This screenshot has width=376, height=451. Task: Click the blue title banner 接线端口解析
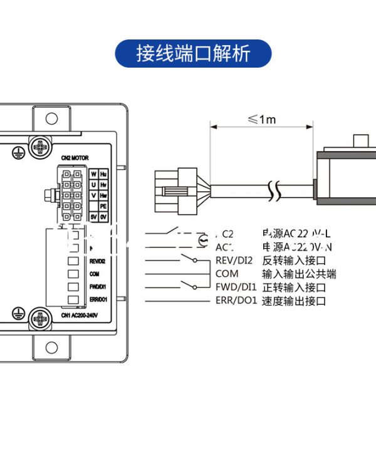point(193,54)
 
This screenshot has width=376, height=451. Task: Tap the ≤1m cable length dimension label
point(261,119)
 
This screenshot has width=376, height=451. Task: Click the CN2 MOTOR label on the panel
point(76,158)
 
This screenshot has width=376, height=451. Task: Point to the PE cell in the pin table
point(103,205)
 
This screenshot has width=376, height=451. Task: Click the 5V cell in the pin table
point(93,216)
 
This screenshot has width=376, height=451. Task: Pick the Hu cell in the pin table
point(103,174)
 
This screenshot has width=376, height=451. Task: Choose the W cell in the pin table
point(93,174)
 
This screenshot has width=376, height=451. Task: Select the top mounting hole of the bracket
point(51,118)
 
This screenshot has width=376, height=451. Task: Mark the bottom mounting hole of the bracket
point(51,348)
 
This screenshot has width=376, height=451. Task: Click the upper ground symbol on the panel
point(18,150)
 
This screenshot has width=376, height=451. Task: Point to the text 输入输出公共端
point(298,274)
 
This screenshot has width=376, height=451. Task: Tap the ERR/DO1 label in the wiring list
point(236,301)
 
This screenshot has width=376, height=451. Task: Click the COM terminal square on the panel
point(73,274)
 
